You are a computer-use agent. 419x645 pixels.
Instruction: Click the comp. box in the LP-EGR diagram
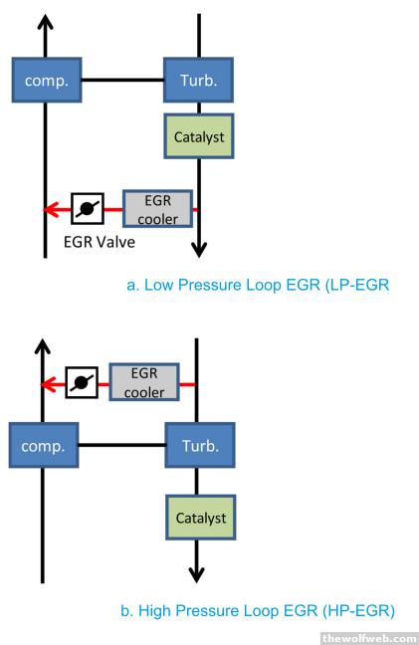[x=47, y=80]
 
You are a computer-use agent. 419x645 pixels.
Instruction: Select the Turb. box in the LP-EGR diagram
[x=199, y=80]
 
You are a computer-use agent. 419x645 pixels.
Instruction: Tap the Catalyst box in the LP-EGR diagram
[x=199, y=136]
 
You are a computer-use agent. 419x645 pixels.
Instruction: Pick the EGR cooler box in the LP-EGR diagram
[x=158, y=209]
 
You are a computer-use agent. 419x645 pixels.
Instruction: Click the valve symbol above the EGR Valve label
[x=88, y=209]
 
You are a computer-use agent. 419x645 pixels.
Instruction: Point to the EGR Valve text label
[x=100, y=242]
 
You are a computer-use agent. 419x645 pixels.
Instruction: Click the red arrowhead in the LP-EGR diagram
[x=50, y=209]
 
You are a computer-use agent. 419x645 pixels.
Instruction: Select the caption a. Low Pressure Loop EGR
[x=258, y=285]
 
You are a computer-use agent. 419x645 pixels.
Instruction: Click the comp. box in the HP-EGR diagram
[x=44, y=446]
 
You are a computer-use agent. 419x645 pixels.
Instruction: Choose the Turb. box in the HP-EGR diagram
[x=200, y=446]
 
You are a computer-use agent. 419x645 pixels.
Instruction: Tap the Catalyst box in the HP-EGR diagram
[x=201, y=518]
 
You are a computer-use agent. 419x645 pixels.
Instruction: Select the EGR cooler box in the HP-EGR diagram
[x=144, y=382]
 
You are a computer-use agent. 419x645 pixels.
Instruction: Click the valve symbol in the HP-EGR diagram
[x=82, y=382]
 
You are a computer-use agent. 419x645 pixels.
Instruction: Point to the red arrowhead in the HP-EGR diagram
[x=48, y=385]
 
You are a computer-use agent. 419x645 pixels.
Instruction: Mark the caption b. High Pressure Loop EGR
[x=258, y=611]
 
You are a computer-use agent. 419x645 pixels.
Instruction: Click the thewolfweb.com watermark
[x=369, y=638]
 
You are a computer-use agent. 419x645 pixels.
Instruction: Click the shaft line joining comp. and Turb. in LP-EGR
[x=123, y=80]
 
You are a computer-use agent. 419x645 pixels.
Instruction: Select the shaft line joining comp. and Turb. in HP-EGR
[x=122, y=445]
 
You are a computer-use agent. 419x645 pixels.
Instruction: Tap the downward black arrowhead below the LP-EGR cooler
[x=199, y=250]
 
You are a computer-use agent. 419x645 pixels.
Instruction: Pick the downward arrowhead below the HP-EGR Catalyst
[x=196, y=575]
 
